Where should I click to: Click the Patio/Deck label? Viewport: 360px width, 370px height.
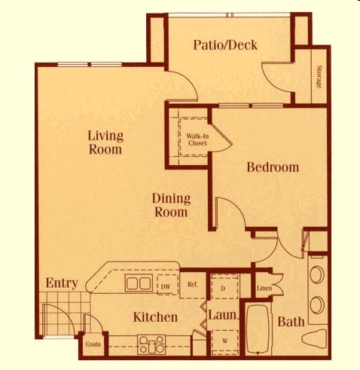(x=225, y=45)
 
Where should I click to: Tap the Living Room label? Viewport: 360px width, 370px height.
(x=105, y=142)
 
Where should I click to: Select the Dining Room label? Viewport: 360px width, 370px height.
(x=171, y=205)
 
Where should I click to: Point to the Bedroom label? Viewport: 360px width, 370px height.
(x=273, y=167)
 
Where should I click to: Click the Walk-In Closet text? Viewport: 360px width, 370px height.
(x=197, y=139)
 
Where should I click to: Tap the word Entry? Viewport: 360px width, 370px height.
(x=62, y=283)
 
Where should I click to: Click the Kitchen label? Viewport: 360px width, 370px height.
(x=156, y=317)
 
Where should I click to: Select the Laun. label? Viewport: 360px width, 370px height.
(x=224, y=316)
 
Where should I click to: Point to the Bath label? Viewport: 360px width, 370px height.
(x=291, y=322)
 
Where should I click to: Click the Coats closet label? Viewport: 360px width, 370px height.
(x=93, y=344)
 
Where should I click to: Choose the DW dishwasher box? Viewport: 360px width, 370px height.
(x=166, y=286)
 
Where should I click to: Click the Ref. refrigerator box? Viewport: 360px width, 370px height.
(x=192, y=285)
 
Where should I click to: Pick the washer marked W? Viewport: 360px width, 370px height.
(x=224, y=341)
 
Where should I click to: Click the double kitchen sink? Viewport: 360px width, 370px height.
(x=138, y=284)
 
